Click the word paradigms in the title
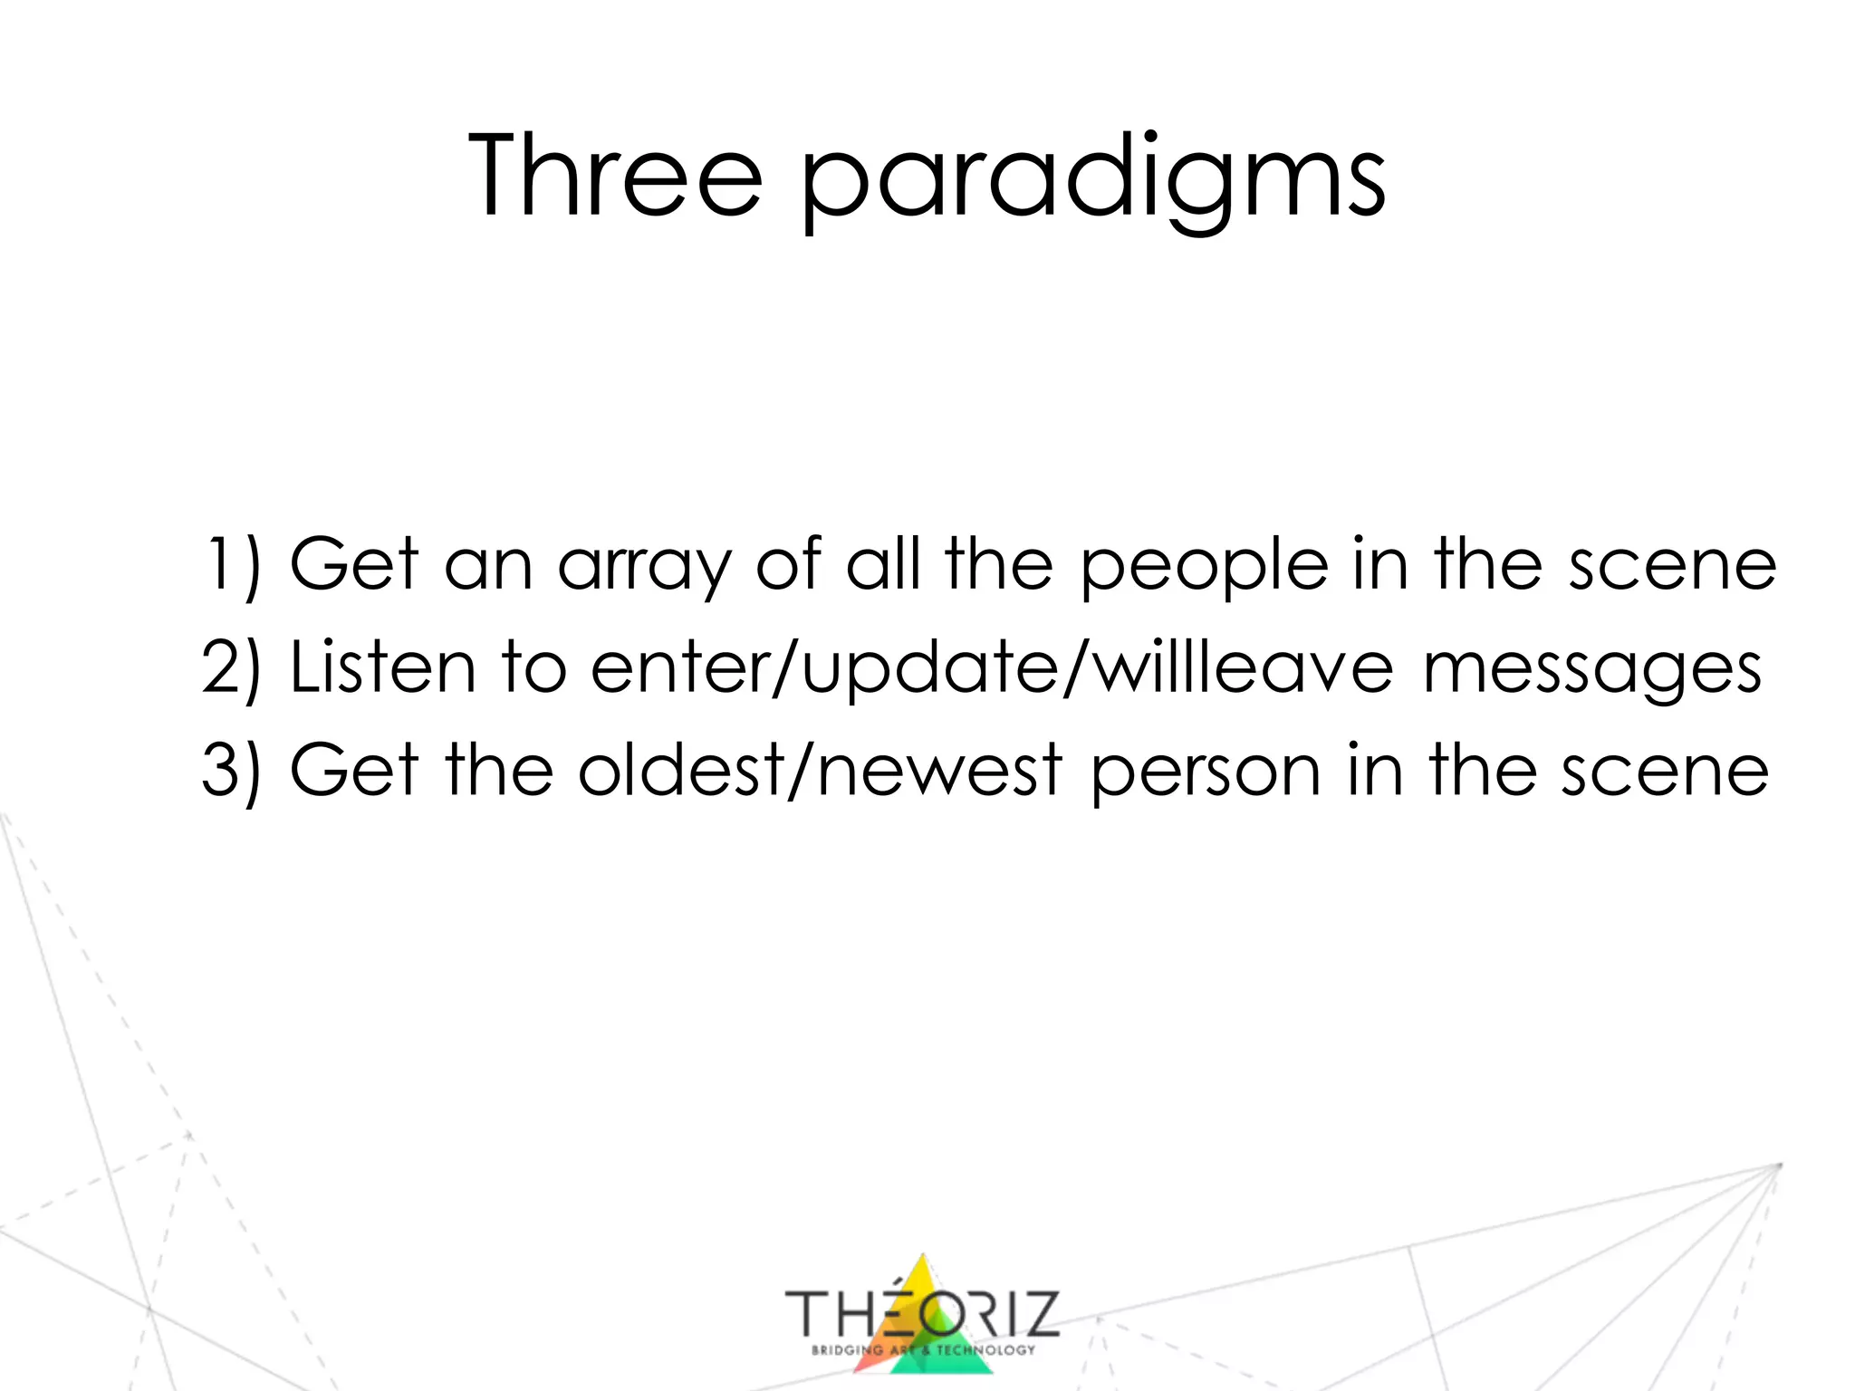(1093, 178)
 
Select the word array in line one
(644, 567)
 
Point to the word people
(1205, 567)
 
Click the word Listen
(382, 667)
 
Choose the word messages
(1591, 671)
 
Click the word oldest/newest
(820, 771)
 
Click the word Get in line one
(354, 564)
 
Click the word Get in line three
(354, 770)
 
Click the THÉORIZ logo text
(921, 1313)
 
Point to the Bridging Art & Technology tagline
(922, 1350)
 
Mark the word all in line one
(882, 564)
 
